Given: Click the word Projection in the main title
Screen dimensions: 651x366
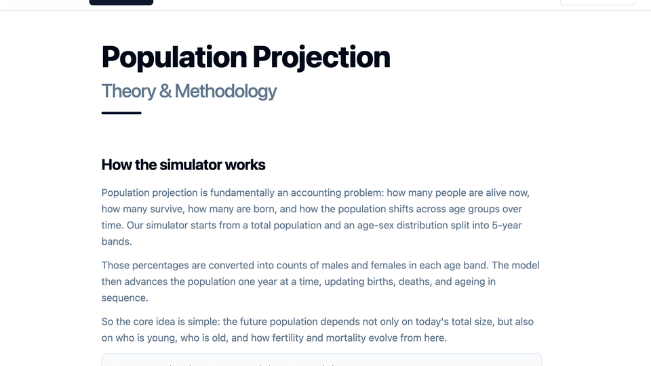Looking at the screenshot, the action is pos(321,57).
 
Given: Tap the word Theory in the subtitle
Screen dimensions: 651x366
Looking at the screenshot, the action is pos(128,91).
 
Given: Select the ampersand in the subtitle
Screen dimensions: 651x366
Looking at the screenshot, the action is pos(165,91).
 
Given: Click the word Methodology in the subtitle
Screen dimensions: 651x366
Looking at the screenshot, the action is pos(225,91).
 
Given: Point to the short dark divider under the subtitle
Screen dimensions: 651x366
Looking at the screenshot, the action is pos(121,113).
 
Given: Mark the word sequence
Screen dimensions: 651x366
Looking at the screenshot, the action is pos(125,298).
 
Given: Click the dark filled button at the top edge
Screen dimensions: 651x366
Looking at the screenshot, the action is pos(121,3).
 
